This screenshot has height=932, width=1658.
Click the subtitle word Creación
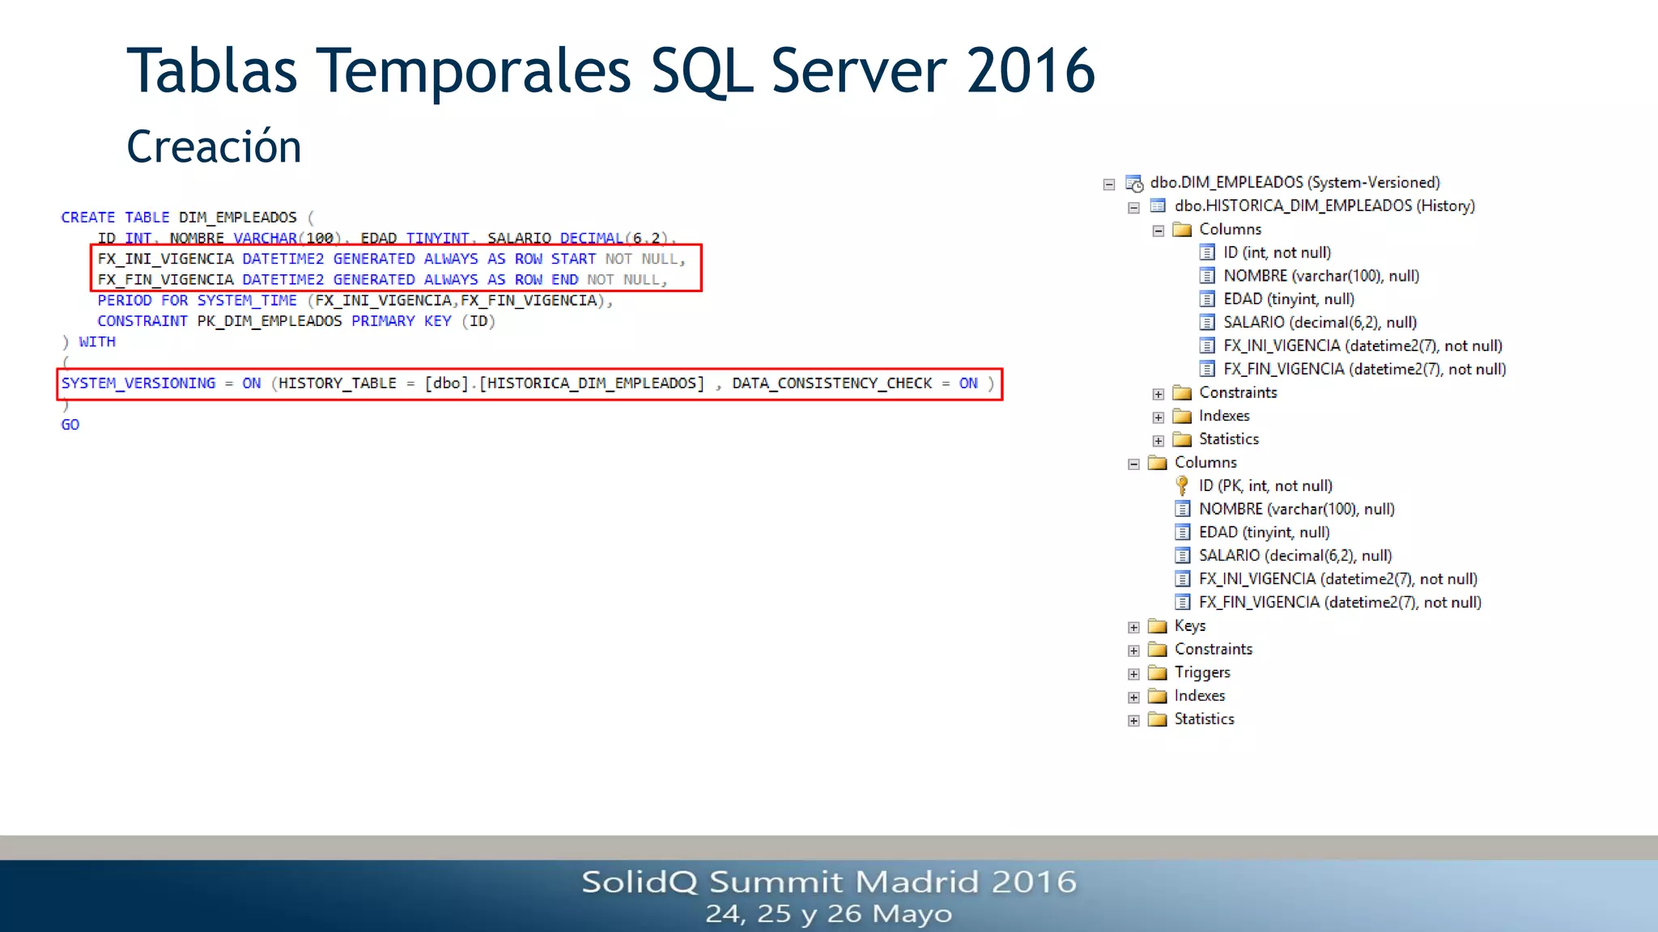point(214,147)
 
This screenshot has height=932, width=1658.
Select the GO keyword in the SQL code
point(70,425)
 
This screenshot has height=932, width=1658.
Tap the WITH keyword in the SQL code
point(97,342)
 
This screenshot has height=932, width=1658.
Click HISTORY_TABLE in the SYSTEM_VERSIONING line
point(338,383)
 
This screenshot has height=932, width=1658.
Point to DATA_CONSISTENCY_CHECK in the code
point(832,383)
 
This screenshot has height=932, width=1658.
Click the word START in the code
point(573,259)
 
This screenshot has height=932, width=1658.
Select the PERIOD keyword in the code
point(124,301)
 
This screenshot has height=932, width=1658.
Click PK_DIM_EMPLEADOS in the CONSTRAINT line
point(270,321)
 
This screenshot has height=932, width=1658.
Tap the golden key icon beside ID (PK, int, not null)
point(1182,485)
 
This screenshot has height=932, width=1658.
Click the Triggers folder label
point(1202,672)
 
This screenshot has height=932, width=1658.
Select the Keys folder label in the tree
point(1190,625)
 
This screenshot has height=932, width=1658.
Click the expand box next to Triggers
point(1133,674)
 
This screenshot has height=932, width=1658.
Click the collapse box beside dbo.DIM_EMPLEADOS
point(1109,184)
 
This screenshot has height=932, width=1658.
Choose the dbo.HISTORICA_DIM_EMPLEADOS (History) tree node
point(1324,205)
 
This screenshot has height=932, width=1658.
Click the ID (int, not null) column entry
point(1277,252)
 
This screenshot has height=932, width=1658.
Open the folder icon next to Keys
point(1158,626)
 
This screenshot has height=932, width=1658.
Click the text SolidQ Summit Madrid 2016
point(829,882)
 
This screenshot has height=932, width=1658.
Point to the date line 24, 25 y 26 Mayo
point(829,914)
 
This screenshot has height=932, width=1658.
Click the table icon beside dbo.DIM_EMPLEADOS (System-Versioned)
point(1134,183)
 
